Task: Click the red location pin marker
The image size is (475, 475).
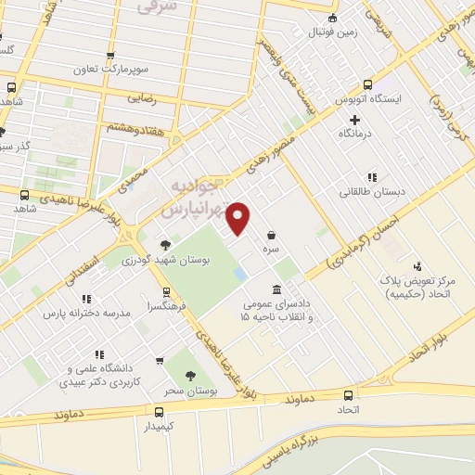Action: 238,218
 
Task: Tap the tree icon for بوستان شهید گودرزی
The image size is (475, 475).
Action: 165,245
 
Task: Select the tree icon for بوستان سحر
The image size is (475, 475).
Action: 190,376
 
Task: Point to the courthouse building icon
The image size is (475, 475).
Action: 276,289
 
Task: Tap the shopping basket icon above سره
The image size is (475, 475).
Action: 271,235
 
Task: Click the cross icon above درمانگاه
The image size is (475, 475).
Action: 355,120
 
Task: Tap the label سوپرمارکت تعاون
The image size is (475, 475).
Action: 113,70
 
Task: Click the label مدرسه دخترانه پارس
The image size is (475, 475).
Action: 86,314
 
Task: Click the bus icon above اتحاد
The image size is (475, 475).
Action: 348,394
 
